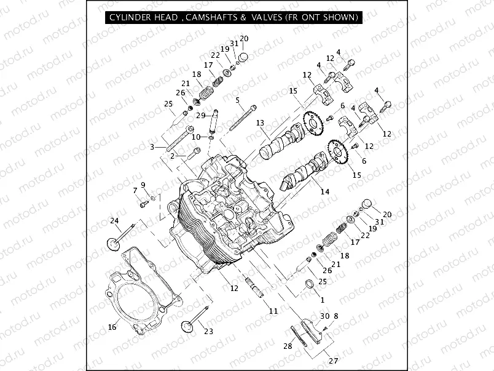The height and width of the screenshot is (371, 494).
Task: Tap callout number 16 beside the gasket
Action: click(x=112, y=327)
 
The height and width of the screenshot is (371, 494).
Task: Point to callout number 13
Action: click(x=260, y=123)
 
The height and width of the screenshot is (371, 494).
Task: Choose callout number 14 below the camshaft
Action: click(x=324, y=192)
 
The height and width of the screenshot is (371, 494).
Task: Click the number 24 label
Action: click(x=114, y=221)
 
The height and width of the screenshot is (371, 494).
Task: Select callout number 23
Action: click(x=208, y=332)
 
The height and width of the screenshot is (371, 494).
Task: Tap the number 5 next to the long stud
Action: click(x=237, y=100)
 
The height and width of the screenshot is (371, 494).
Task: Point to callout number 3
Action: click(x=152, y=146)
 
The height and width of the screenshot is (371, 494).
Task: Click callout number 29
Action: click(x=200, y=116)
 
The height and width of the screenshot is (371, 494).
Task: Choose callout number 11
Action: click(x=273, y=311)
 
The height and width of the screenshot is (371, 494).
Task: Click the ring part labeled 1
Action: click(x=310, y=284)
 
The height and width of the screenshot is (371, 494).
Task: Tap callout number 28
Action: click(x=288, y=346)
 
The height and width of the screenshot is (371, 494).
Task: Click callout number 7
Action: click(x=136, y=191)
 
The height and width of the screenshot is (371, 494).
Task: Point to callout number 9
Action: click(x=143, y=185)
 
